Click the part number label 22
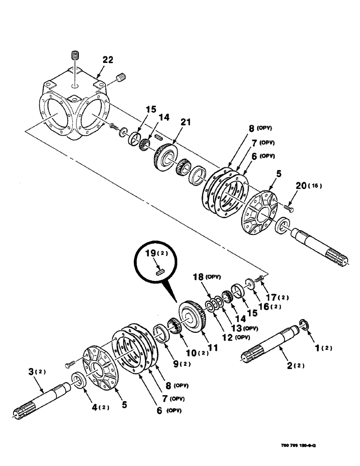tap(108, 60)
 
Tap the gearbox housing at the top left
tap(75, 108)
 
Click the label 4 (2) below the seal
tap(99, 407)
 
